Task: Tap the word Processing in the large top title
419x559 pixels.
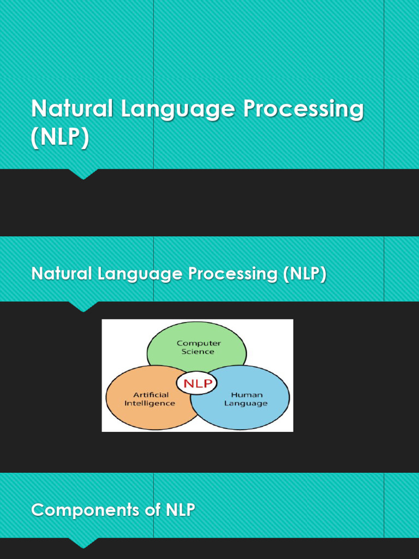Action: tap(303, 109)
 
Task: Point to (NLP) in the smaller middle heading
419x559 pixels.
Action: tap(304, 273)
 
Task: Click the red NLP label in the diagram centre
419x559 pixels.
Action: tap(197, 383)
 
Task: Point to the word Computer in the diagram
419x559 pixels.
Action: tap(198, 343)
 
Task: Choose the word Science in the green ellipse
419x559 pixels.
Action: tap(198, 352)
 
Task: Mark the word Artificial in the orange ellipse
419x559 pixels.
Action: tap(151, 395)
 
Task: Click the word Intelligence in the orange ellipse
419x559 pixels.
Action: tap(150, 403)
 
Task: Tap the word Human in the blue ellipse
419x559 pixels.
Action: tap(247, 395)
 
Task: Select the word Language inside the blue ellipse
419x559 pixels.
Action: tap(246, 403)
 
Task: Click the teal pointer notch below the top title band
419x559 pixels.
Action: tap(83, 174)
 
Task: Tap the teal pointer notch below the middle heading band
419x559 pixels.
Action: tap(83, 307)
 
